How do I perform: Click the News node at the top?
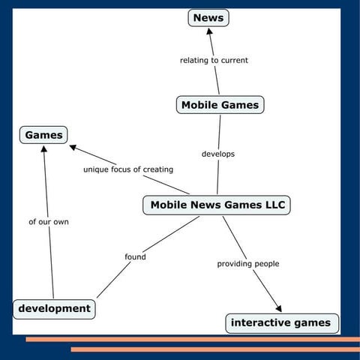[208, 17]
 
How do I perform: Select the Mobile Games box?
[220, 105]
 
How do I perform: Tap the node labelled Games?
[43, 135]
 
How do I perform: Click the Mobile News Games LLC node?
[217, 205]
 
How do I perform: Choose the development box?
[55, 308]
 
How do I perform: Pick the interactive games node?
[280, 323]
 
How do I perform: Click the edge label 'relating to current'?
[214, 60]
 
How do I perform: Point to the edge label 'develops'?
[218, 154]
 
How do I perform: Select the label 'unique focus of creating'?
[127, 169]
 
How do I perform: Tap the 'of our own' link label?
[49, 222]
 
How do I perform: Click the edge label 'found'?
[135, 257]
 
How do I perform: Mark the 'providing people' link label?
[247, 264]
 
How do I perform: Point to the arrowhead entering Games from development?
[44, 149]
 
